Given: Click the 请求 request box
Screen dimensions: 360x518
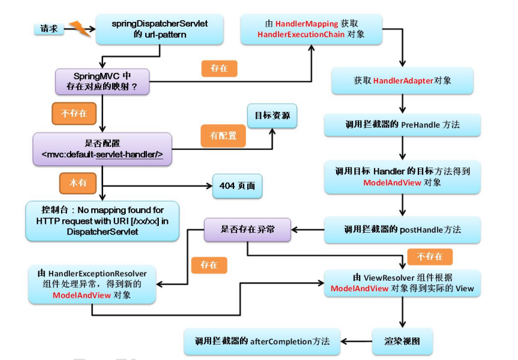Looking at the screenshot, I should click(x=49, y=28).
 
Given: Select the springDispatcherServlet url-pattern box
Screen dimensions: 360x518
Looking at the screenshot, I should click(x=159, y=28).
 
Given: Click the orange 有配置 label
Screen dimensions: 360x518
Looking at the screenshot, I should click(x=222, y=136).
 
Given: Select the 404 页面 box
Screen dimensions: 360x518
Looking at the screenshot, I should click(x=237, y=186).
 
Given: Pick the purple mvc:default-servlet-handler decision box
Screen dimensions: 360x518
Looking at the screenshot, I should click(x=103, y=149).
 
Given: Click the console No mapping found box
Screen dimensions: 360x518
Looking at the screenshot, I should click(x=103, y=221).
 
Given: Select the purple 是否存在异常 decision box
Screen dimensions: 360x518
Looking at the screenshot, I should click(x=247, y=229).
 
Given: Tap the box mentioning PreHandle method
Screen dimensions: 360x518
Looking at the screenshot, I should click(x=402, y=125).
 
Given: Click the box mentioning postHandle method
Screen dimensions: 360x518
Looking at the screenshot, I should click(x=402, y=229).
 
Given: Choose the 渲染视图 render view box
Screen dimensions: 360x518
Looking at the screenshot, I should click(x=402, y=341).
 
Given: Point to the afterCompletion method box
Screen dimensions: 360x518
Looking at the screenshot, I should click(x=262, y=341).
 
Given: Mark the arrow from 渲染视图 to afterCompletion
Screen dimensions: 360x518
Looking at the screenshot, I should click(x=356, y=341).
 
